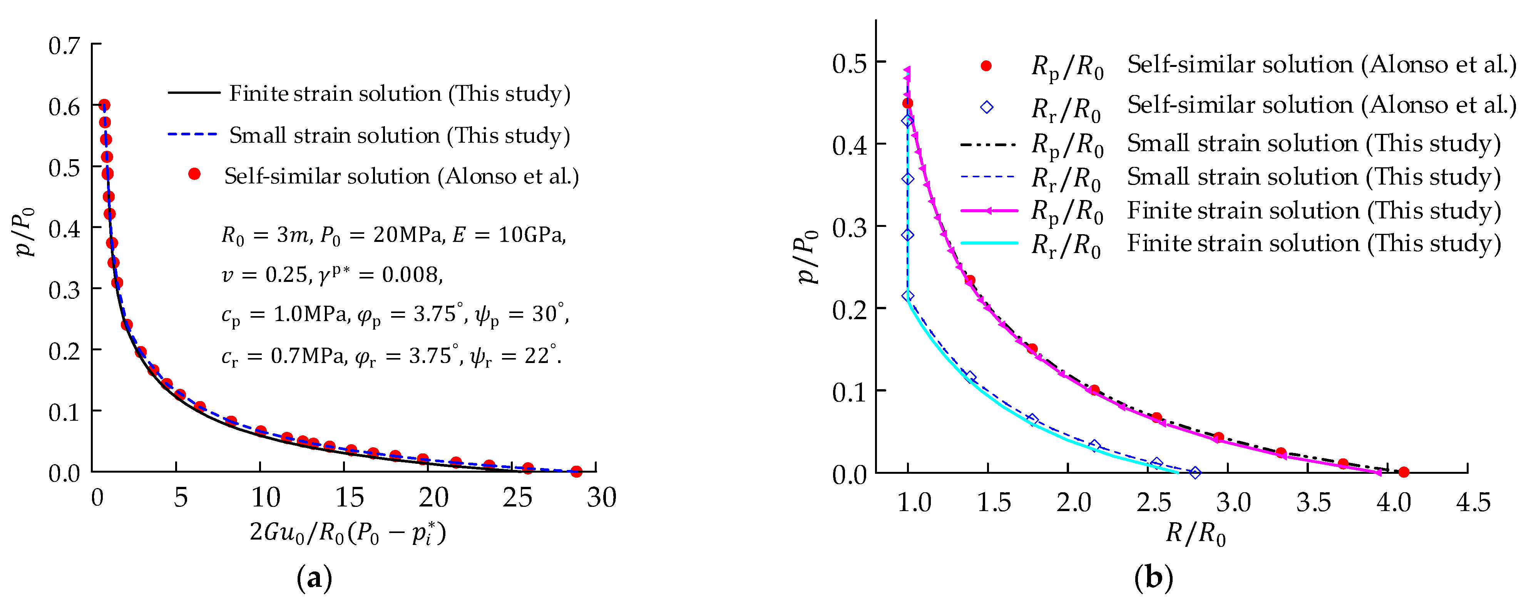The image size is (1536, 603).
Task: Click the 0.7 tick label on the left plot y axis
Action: tap(64, 45)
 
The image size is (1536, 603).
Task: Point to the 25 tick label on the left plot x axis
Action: tap(517, 498)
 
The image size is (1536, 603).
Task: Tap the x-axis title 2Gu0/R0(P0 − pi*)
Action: tap(348, 533)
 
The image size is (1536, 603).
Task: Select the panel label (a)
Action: tap(314, 577)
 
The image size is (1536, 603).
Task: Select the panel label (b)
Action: tap(1153, 577)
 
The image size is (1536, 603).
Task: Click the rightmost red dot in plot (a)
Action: tap(576, 471)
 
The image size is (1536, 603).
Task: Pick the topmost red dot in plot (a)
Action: tap(104, 105)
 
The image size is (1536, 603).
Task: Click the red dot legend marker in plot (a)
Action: tap(194, 174)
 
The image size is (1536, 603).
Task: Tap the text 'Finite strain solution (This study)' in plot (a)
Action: tap(400, 93)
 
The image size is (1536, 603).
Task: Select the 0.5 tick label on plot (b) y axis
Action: tap(849, 63)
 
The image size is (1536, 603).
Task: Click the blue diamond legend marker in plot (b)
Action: tap(987, 107)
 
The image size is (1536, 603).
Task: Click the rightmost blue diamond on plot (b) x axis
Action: tap(1195, 473)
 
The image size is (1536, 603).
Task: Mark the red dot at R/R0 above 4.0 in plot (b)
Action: tap(1404, 472)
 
